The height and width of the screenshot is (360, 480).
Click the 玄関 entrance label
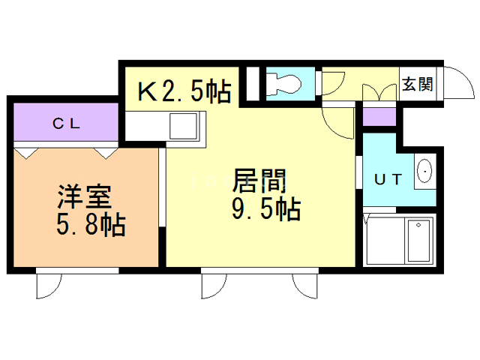point(417,84)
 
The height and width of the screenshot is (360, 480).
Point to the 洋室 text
point(85,196)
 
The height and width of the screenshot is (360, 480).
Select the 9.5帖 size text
point(265,208)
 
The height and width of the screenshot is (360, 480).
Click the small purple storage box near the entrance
point(379,116)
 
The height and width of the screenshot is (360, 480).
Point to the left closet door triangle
point(27,151)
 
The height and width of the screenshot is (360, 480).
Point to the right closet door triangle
point(104,151)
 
